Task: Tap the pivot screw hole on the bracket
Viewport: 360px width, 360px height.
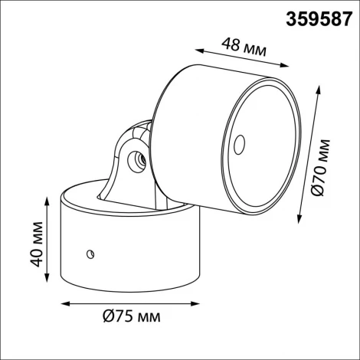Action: (x=139, y=161)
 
